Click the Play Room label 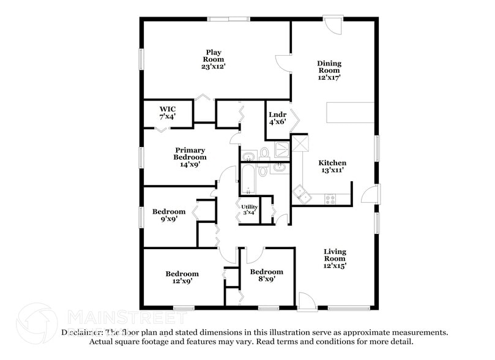[x=213, y=59]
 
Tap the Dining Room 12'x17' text [x=329, y=70]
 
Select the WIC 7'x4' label [x=168, y=112]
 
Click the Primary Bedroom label [x=190, y=157]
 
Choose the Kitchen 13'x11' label [x=332, y=167]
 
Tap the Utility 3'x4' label [x=250, y=210]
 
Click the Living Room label [x=335, y=258]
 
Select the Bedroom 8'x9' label [x=266, y=275]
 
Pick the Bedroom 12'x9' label [x=182, y=277]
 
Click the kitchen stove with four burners [x=330, y=198]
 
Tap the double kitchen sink [x=301, y=195]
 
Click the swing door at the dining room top [x=333, y=24]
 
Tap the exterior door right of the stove [x=371, y=195]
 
